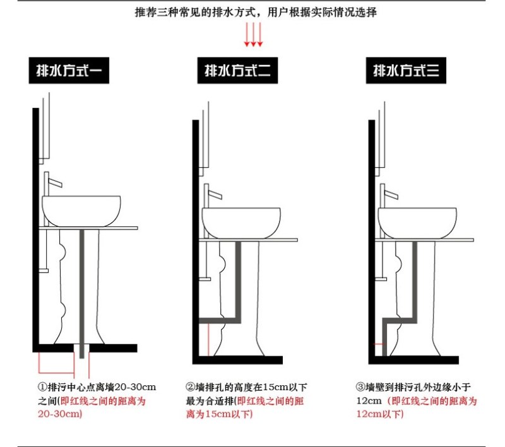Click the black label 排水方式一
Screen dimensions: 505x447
click(69, 71)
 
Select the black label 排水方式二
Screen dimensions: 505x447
click(237, 71)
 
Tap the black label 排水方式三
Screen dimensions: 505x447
click(406, 71)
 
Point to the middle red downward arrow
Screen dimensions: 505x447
click(253, 35)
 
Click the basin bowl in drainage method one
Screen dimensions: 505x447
click(81, 211)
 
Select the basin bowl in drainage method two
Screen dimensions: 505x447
click(241, 223)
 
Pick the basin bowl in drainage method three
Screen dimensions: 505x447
click(417, 223)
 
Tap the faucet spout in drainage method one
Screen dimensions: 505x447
click(55, 182)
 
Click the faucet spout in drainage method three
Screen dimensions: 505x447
click(391, 195)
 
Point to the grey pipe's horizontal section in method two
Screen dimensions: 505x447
click(220, 321)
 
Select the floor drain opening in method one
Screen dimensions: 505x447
click(81, 348)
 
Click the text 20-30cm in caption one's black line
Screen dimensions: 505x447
click(135, 387)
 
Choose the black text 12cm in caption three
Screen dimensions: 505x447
click(369, 401)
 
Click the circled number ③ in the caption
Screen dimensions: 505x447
click(360, 386)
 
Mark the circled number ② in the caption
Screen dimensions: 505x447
click(191, 386)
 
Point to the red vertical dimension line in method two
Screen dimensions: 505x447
click(209, 340)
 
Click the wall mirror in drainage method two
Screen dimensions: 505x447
click(205, 139)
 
